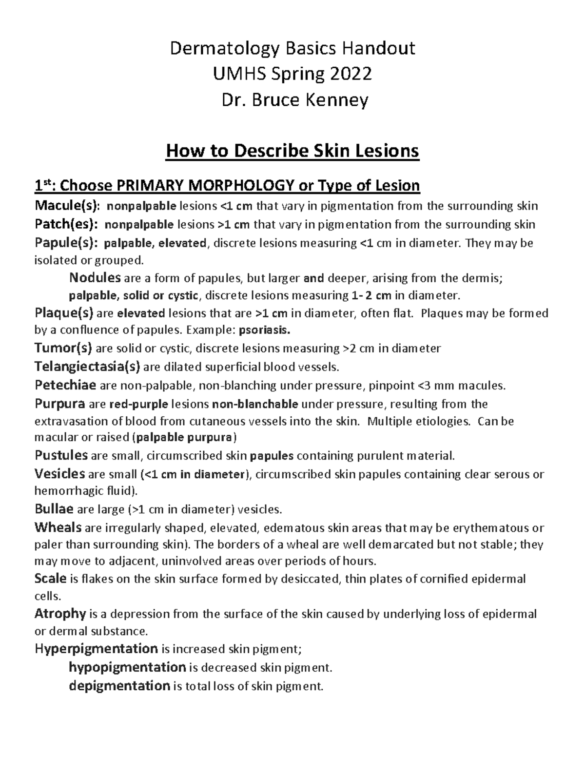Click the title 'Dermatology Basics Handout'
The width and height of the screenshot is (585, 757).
pos(292,48)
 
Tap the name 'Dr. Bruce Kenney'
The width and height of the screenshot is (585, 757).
pos(292,100)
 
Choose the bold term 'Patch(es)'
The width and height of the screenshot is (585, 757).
pos(66,224)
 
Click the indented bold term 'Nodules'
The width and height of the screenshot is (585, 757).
pos(95,278)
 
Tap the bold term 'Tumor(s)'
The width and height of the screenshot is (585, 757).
pos(63,349)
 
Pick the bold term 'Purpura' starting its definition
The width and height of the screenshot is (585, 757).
pos(60,404)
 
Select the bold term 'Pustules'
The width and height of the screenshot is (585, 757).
pos(61,456)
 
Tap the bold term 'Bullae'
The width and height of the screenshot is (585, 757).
pos(54,510)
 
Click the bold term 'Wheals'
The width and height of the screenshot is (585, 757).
pos(58,528)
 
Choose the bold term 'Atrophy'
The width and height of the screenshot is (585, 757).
pos(60,614)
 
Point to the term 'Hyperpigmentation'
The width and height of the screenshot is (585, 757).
pos(96,649)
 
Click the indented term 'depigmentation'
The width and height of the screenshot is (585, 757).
pos(119,686)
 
